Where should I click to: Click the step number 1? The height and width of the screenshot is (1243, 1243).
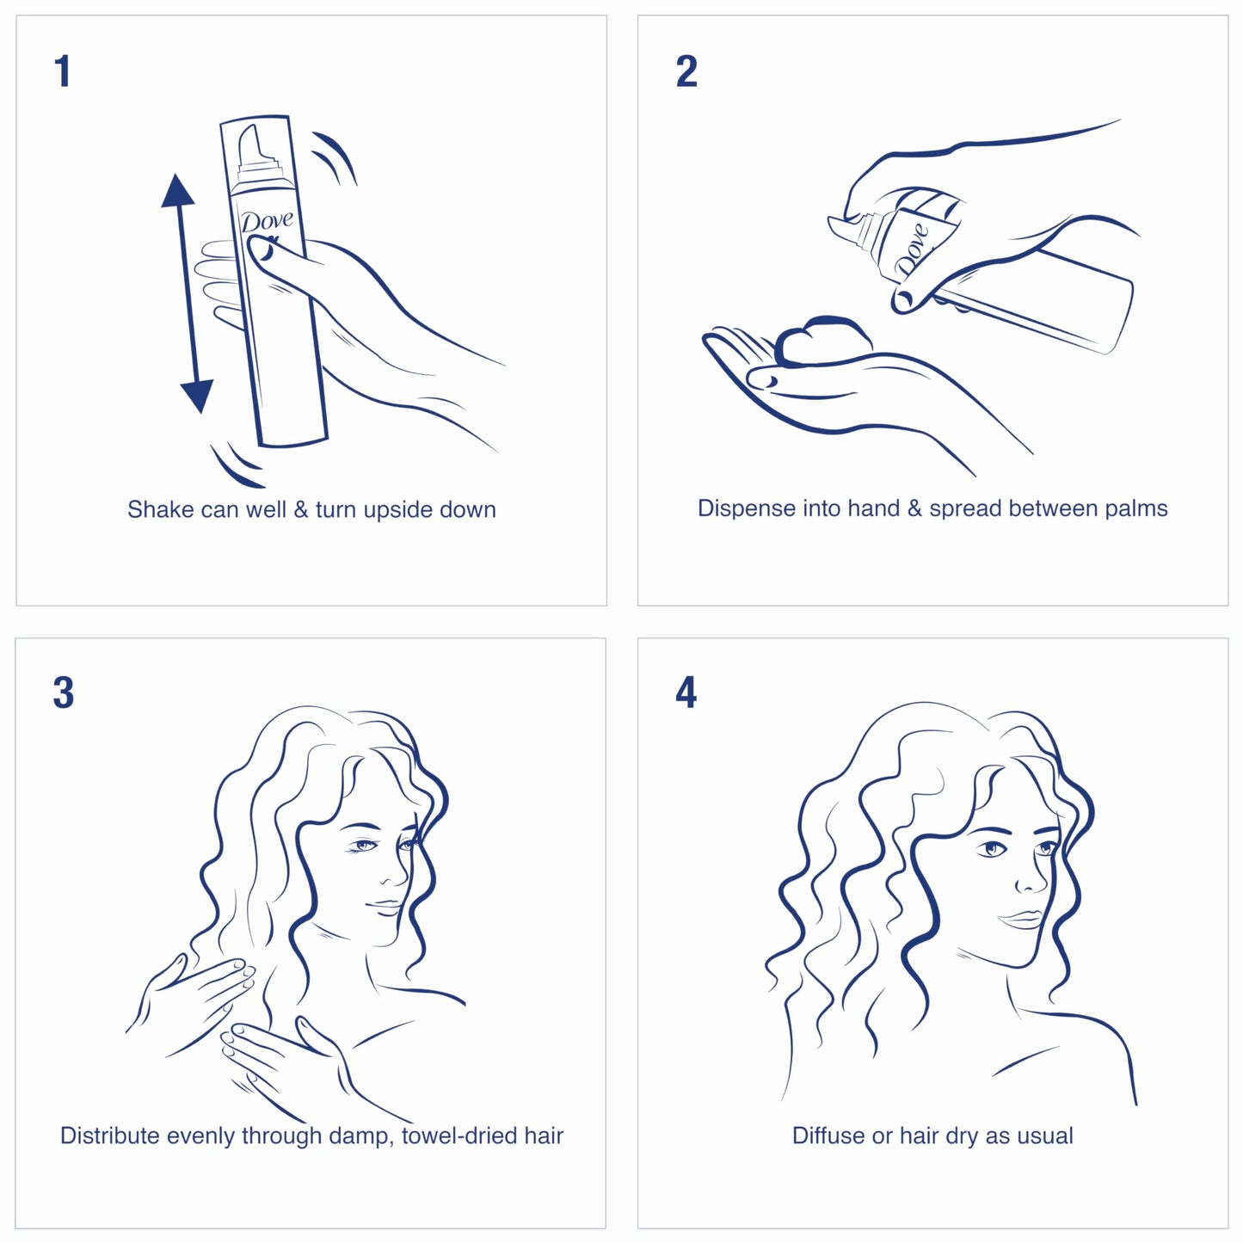[62, 71]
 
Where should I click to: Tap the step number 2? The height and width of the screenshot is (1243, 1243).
[686, 71]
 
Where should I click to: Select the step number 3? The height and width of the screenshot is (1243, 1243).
[63, 693]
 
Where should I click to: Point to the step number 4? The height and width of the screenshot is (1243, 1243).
[686, 693]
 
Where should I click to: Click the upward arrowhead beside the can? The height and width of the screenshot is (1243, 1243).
[177, 191]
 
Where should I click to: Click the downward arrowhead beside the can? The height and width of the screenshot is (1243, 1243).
[197, 396]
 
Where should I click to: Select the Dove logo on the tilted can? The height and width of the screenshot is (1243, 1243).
[912, 249]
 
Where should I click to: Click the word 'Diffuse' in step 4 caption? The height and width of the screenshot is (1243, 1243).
[828, 1136]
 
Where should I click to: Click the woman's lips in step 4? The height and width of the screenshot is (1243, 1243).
[1022, 920]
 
